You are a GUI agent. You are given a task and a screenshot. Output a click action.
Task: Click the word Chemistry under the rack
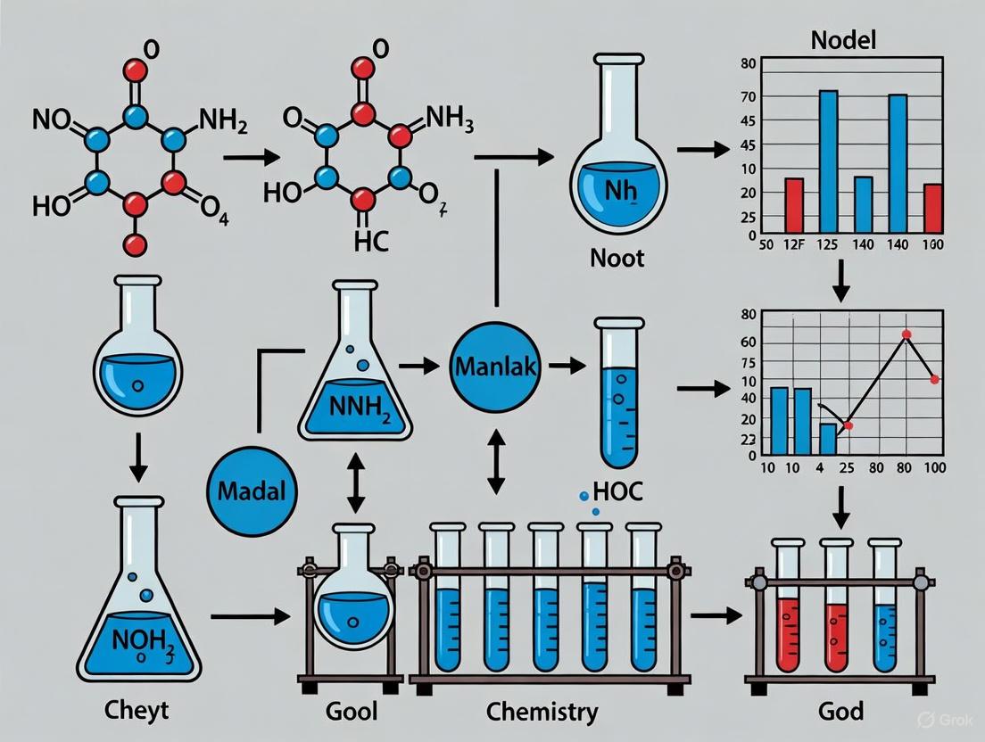pyautogui.click(x=542, y=712)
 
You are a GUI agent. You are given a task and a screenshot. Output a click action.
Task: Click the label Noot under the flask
pyautogui.click(x=617, y=259)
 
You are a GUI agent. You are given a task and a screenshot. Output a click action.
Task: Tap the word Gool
pyautogui.click(x=352, y=712)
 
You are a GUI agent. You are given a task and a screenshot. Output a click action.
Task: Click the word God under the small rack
pyautogui.click(x=840, y=712)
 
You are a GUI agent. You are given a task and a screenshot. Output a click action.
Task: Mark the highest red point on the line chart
pyautogui.click(x=906, y=335)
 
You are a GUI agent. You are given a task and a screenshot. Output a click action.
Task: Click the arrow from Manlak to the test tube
pyautogui.click(x=566, y=365)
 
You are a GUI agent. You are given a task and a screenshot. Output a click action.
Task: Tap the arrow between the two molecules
pyautogui.click(x=246, y=158)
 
